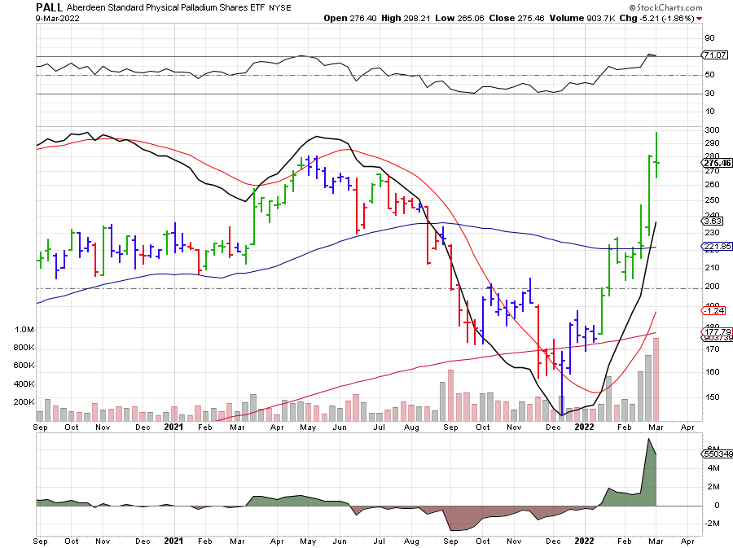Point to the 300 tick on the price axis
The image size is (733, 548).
click(x=710, y=130)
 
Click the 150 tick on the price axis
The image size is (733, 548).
click(x=710, y=397)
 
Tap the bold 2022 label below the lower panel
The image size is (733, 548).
click(x=584, y=540)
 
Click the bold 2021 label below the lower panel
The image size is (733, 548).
click(x=174, y=540)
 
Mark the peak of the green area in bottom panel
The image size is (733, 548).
click(x=649, y=440)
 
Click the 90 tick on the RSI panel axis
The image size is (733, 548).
click(x=710, y=37)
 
